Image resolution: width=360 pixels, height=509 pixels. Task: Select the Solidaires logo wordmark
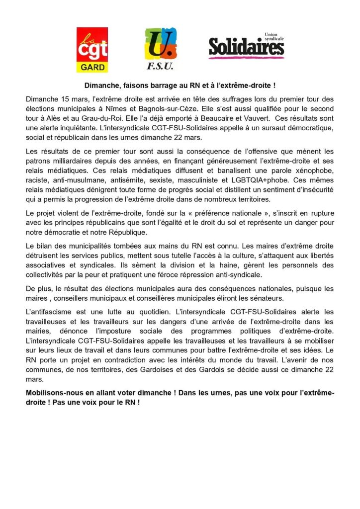coord(246,48)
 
